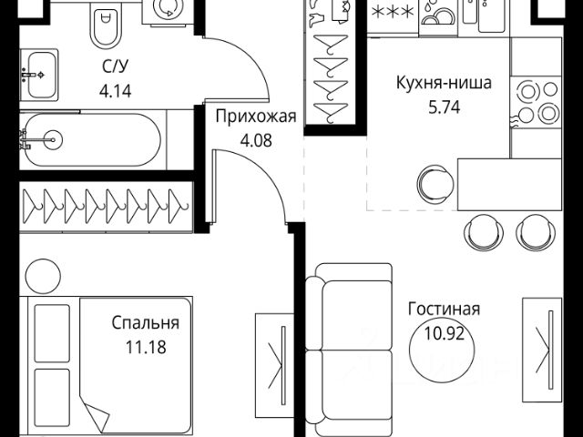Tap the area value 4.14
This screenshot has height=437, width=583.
[x=114, y=90]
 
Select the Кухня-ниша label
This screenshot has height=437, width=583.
[x=445, y=84]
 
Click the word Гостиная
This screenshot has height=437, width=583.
[x=445, y=310]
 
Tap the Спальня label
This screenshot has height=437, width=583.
[x=146, y=322]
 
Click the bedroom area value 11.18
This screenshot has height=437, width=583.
[x=146, y=346]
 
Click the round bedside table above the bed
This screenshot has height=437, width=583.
[x=42, y=274]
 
